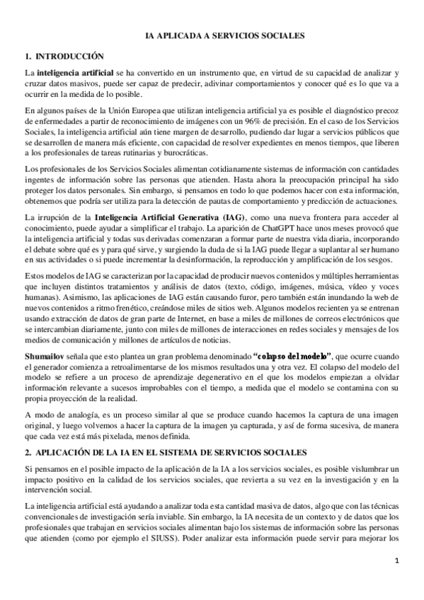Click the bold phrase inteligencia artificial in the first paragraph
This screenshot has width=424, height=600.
point(69,73)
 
